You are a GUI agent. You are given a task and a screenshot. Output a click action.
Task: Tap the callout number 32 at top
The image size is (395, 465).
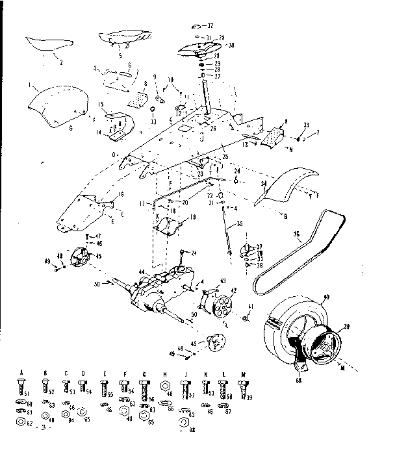210,26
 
